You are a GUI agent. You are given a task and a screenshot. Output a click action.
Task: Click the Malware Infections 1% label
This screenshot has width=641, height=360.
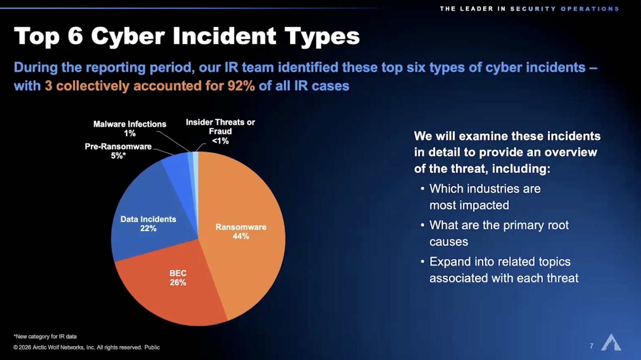[x=130, y=129]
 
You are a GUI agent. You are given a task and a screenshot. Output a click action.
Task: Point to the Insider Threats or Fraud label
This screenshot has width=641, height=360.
[x=220, y=131]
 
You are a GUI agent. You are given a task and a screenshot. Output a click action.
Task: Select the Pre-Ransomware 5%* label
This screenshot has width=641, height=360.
[x=118, y=151]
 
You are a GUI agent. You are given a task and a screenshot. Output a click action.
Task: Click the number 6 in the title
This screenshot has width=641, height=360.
[x=75, y=36]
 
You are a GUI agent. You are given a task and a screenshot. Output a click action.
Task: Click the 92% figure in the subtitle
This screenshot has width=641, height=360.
[x=241, y=86]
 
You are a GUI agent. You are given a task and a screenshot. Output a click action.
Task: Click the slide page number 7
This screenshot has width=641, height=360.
[x=591, y=346]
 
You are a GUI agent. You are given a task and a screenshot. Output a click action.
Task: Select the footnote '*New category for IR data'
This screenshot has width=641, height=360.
[x=45, y=336]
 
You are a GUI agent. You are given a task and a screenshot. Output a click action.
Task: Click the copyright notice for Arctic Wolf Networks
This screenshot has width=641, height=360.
[x=86, y=347]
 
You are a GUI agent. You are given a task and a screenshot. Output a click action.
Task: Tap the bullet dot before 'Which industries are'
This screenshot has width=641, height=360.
[x=422, y=189]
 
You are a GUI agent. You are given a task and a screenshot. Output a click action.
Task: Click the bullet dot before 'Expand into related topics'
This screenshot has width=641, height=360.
[x=422, y=262]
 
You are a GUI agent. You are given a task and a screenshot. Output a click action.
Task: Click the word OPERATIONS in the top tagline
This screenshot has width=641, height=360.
[x=590, y=9]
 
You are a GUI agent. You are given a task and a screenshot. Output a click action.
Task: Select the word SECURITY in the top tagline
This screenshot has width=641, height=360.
[x=533, y=9]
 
